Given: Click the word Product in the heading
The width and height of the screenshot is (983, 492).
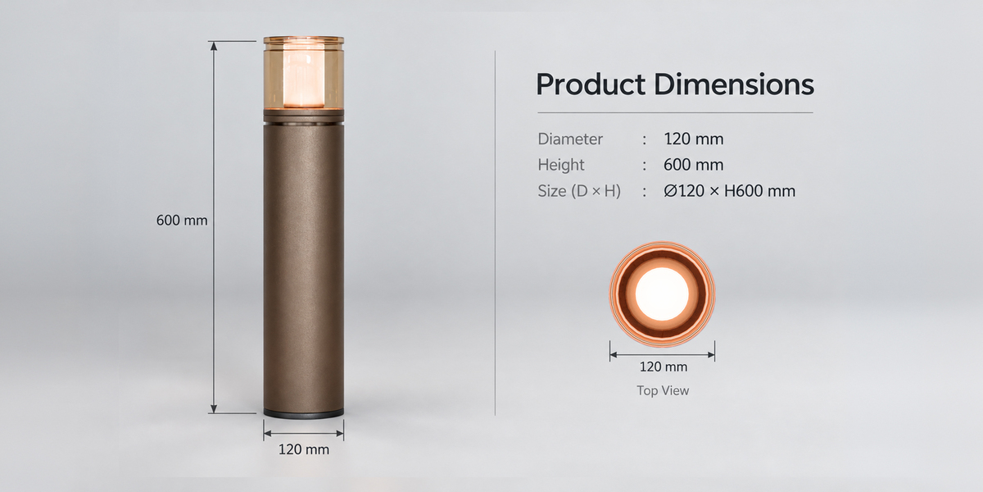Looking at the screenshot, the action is (591, 84).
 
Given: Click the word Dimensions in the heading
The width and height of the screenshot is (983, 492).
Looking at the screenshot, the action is (734, 84).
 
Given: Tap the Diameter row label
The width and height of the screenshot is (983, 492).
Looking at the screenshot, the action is (570, 139).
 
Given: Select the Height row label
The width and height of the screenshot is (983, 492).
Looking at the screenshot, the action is (561, 165).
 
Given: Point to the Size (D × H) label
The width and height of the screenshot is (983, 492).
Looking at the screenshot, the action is (579, 191).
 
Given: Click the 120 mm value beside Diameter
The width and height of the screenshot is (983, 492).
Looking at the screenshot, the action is (693, 139).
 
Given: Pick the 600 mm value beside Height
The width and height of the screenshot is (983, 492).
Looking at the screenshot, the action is (693, 165).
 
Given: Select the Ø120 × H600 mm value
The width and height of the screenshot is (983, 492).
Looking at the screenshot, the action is (729, 191).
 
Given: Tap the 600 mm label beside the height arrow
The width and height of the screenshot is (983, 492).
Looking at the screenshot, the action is (182, 220).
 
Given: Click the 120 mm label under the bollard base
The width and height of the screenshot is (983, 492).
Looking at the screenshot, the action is (304, 449).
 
